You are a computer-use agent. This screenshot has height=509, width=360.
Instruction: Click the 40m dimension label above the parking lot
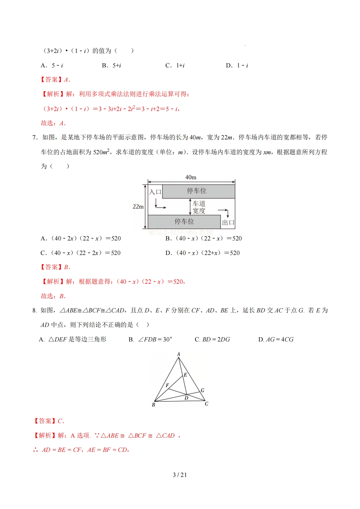(x=191, y=177)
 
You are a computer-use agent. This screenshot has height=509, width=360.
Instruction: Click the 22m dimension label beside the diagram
(x=138, y=207)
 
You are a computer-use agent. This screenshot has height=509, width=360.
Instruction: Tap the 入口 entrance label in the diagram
(x=155, y=192)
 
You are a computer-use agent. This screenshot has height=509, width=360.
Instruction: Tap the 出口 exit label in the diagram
(x=228, y=223)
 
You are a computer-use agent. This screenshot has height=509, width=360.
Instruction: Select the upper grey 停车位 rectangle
(x=198, y=191)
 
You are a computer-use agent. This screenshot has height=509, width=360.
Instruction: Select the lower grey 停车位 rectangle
(x=184, y=222)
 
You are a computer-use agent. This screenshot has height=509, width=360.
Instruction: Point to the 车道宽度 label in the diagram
(x=199, y=207)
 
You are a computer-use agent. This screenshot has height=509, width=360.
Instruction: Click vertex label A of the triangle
(x=178, y=354)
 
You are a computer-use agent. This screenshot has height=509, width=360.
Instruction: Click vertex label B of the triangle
(x=153, y=405)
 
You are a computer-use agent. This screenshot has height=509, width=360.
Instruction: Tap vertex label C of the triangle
(x=206, y=404)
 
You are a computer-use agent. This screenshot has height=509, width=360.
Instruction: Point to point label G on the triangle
(x=202, y=390)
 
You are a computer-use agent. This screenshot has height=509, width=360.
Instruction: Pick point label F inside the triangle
(x=167, y=385)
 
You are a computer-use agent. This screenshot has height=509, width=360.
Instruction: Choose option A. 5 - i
(x=52, y=65)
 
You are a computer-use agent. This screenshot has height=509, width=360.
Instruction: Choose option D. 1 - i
(x=237, y=65)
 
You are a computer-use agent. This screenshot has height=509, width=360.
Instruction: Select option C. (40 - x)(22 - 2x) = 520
(x=80, y=253)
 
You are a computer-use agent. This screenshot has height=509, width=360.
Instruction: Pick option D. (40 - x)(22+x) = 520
(x=202, y=253)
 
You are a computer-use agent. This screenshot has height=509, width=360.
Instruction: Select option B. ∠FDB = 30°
(x=150, y=339)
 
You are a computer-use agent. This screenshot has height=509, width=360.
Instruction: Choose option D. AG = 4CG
(x=276, y=339)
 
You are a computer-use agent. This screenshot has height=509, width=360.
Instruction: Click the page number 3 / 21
(x=180, y=475)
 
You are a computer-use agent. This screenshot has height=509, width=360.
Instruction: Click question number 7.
(x=35, y=138)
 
